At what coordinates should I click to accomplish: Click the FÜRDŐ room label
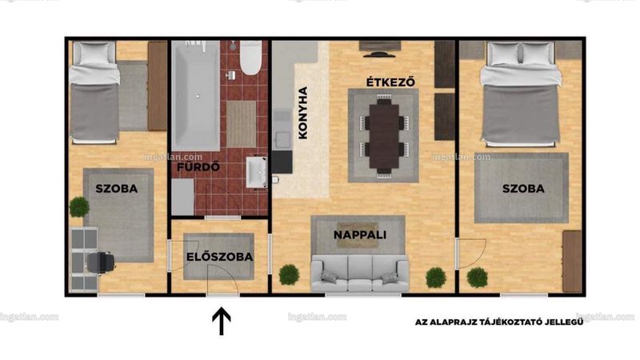(198, 166)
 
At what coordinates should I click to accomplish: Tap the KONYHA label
(303, 113)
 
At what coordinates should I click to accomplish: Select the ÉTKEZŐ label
(390, 82)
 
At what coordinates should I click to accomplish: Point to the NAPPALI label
(359, 234)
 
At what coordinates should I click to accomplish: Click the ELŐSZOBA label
(219, 257)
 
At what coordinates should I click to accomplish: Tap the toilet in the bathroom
(250, 58)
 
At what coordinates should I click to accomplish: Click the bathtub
(195, 96)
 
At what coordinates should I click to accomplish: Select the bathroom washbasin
(257, 172)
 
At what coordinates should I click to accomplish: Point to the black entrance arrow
(222, 322)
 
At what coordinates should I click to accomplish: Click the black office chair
(100, 262)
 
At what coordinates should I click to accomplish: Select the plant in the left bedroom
(79, 207)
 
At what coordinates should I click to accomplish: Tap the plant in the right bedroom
(477, 278)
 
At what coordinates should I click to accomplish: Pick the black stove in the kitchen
(282, 162)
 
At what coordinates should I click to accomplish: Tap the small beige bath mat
(242, 124)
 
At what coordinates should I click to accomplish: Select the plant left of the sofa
(289, 274)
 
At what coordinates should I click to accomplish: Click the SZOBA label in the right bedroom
(523, 189)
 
